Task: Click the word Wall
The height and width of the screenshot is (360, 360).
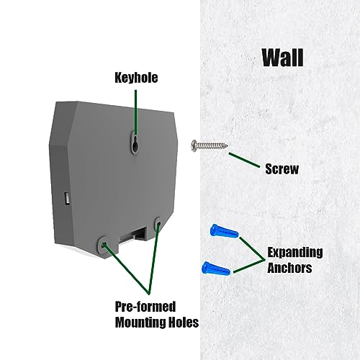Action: pos(283,58)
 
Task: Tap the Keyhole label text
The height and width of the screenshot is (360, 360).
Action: pos(136,78)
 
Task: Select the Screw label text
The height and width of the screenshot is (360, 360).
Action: pos(282,168)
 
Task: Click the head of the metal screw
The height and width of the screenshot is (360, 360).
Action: pos(194,145)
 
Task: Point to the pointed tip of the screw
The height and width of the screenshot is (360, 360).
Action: pos(227,145)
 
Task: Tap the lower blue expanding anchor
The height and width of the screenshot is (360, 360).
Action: pos(216,269)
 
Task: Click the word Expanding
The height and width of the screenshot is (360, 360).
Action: pos(295,253)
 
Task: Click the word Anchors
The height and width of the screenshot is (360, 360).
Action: pos(289,268)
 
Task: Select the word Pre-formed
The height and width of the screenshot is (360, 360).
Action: pos(145,307)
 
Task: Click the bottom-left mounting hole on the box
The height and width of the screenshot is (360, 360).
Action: pos(104,245)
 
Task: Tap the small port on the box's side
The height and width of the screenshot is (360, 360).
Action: pos(67,199)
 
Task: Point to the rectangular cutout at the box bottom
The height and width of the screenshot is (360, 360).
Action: pos(133,235)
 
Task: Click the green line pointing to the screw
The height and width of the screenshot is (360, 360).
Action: pos(244,160)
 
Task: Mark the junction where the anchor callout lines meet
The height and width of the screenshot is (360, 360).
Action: pos(264,260)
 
